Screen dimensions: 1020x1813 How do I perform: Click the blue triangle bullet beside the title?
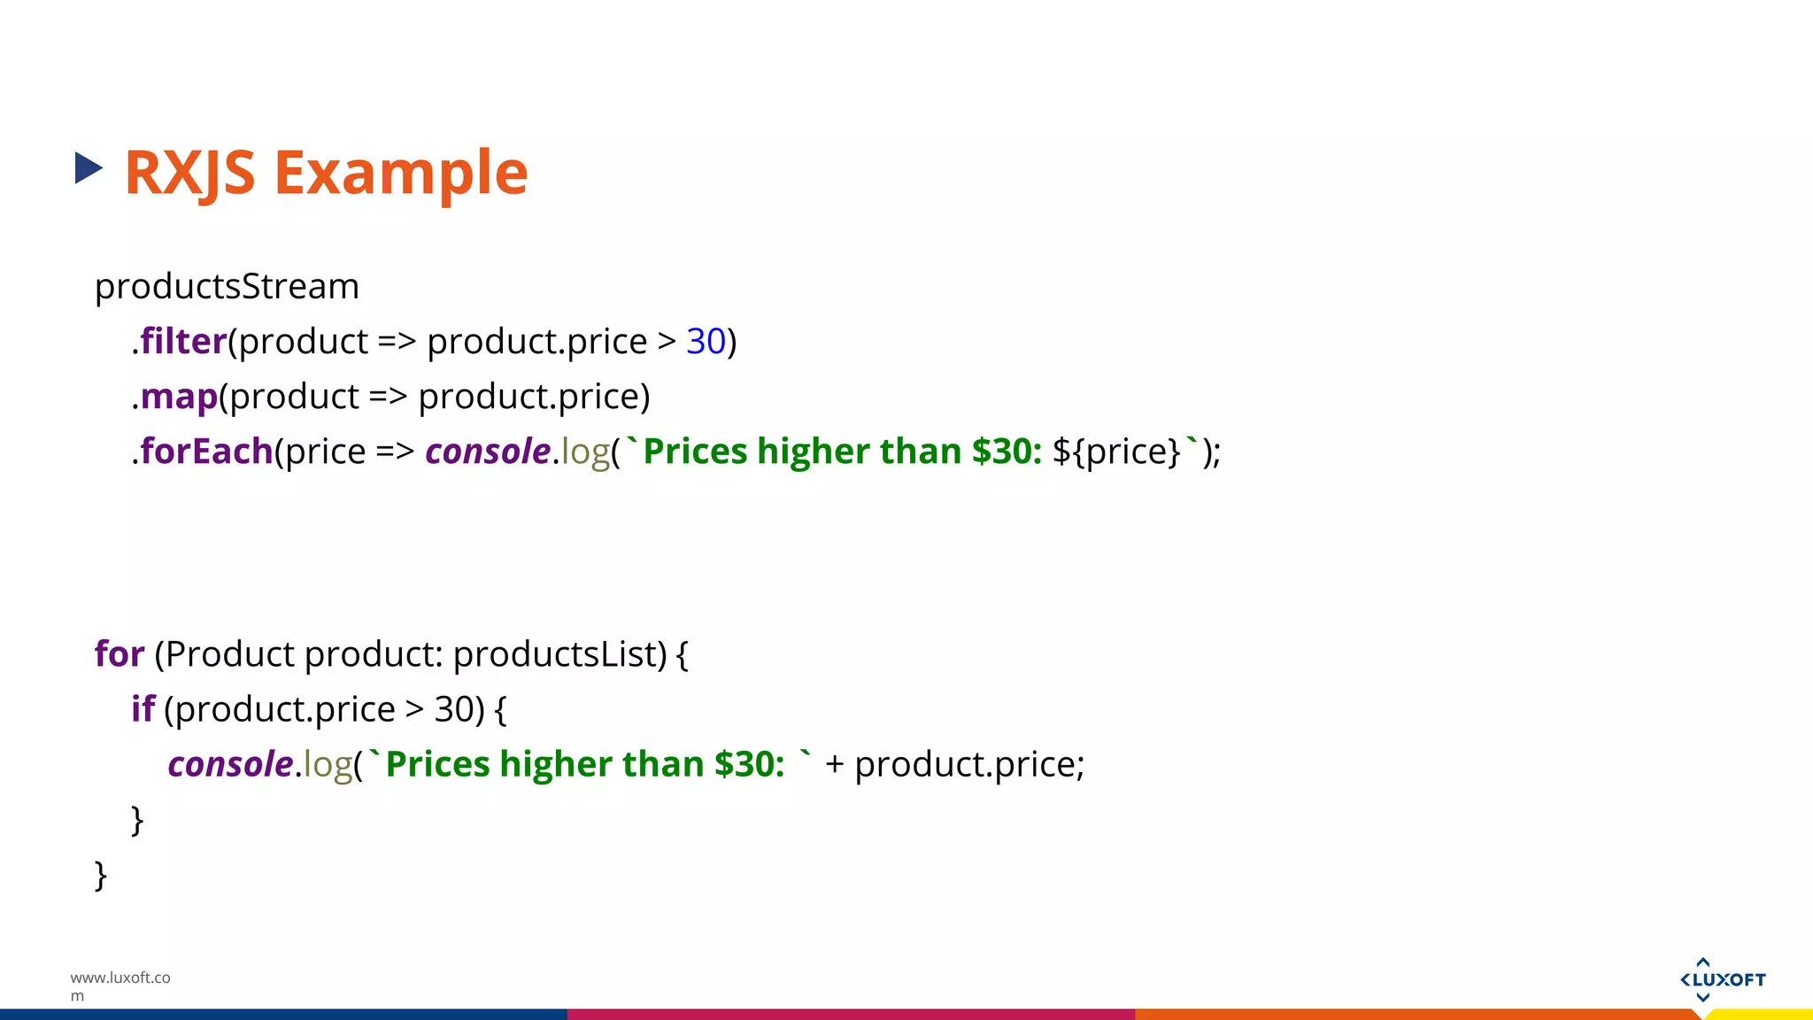89,168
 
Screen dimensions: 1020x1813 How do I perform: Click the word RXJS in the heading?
189,173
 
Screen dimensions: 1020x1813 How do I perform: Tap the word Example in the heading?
401,173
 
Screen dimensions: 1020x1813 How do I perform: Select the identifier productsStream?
227,287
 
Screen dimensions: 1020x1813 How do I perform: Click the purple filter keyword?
183,342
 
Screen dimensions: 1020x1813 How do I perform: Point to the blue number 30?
706,342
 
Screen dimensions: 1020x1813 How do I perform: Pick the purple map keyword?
179,397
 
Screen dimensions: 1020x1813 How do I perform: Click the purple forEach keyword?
206,452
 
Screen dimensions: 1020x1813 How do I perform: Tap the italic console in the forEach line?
488,452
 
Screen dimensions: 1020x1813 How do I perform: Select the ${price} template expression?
1116,452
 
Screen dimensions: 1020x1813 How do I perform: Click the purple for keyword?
120,654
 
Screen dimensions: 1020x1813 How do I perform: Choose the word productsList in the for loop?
559,654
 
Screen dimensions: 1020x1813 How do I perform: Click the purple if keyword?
143,709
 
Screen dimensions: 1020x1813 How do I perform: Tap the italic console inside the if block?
230,764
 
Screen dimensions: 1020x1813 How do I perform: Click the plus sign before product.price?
834,764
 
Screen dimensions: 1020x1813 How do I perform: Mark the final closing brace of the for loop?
101,876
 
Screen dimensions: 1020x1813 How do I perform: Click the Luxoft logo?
1722,979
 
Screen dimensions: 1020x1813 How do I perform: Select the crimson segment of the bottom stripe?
850,1015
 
